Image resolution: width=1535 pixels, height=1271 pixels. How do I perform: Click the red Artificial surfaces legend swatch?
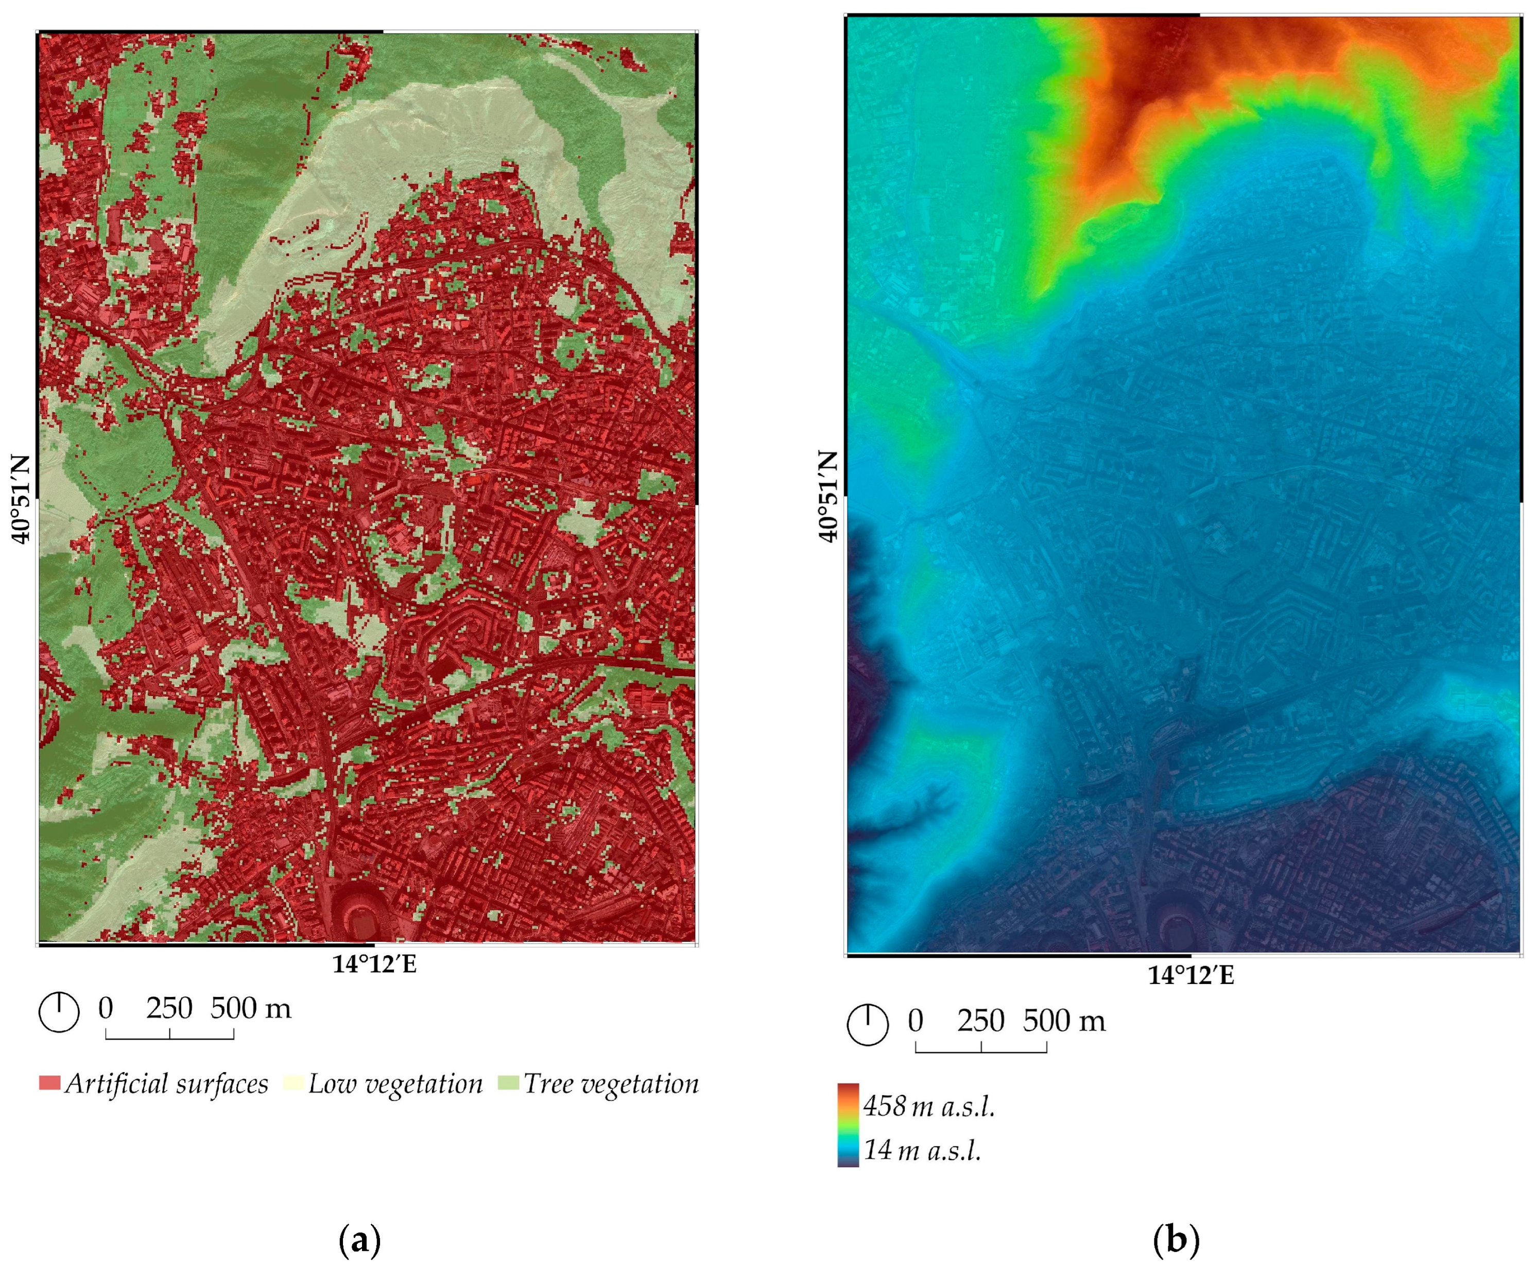point(49,1082)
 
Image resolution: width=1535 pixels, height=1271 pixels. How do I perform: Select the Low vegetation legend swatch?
point(294,1082)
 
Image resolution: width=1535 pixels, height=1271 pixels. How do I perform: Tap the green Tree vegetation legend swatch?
point(508,1082)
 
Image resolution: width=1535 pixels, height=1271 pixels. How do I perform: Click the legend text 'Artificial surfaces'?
point(167,1084)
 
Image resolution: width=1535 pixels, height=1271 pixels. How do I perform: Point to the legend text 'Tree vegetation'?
point(611,1084)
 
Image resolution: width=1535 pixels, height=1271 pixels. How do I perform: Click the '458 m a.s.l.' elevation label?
point(929,1107)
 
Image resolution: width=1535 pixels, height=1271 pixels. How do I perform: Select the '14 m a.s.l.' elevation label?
point(922,1150)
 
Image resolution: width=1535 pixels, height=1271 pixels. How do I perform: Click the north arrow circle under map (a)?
point(59,1012)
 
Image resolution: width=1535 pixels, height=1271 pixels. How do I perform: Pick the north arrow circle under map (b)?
point(868,1025)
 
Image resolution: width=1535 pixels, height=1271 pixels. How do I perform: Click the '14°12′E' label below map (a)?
point(374,964)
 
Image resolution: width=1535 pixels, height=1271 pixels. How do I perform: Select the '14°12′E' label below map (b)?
point(1190,976)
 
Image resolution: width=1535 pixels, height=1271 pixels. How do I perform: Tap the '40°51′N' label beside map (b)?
point(829,496)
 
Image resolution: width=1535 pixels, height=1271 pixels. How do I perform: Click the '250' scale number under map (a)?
point(169,1008)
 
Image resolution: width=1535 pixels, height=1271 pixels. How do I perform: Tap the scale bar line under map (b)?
point(981,1051)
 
